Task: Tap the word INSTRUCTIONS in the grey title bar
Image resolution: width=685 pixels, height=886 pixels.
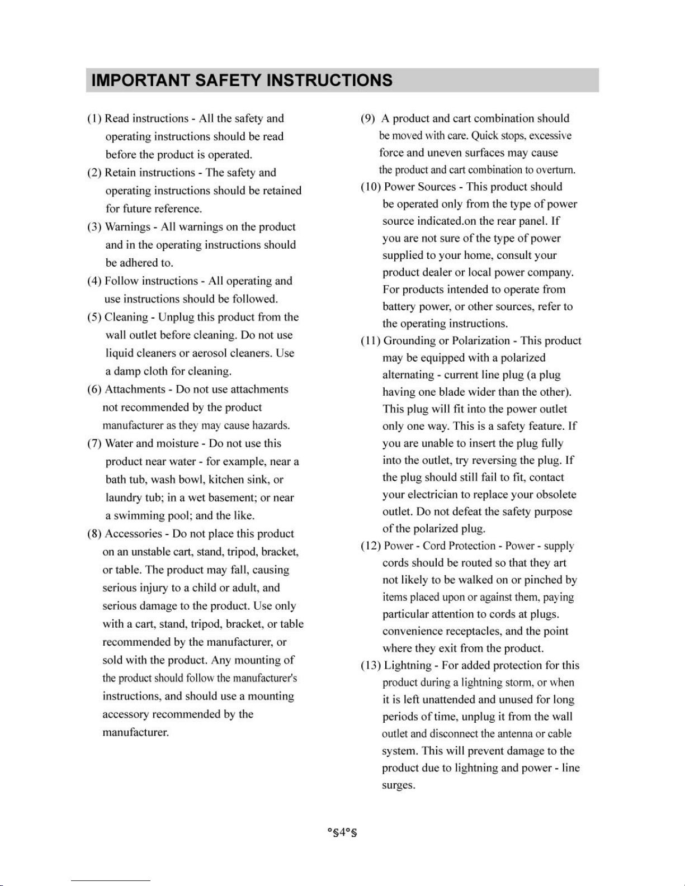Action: coord(329,80)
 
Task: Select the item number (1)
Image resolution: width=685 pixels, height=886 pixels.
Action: coord(95,119)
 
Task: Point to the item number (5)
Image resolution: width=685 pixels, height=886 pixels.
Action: coord(95,318)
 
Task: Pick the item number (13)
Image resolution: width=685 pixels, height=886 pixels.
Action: coord(371,666)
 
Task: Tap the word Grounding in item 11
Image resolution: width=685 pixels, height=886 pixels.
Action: coord(410,341)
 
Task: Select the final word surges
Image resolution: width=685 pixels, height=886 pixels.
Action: coord(398,785)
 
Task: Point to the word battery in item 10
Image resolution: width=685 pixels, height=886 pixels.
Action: coord(400,307)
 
